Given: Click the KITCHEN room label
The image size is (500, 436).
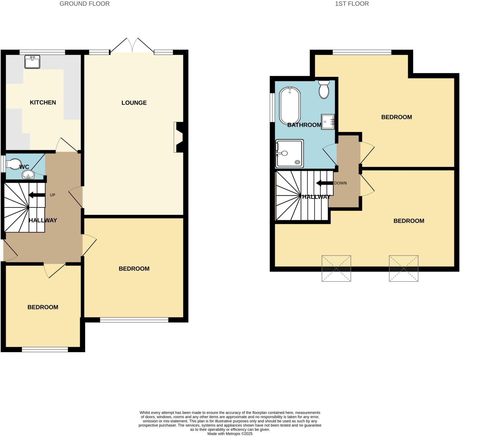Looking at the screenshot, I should point(43,102).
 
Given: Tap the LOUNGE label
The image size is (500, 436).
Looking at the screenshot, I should point(134,103).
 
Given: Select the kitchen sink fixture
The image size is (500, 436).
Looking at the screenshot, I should point(32,62).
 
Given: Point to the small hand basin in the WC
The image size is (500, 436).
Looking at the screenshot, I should point(28,175).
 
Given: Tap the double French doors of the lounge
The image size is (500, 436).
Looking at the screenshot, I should point(132,46).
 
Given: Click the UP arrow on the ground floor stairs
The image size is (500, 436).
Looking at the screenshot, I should point(37,195).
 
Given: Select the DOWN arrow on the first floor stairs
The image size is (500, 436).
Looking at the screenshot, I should point(324,183).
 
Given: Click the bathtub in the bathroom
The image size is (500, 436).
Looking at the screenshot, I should point(290,106).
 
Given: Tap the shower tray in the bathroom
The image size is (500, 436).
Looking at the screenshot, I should point(289,154).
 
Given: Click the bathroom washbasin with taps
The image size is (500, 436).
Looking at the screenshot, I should point(328,122).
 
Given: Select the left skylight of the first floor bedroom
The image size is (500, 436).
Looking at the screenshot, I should point(336,268).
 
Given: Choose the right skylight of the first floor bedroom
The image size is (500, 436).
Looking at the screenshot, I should point(403,268).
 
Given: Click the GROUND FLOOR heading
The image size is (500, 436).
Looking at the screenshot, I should point(84,4).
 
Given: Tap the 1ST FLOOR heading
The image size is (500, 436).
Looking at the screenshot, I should point(352,4).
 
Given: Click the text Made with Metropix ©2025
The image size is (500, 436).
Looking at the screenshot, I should point(230,434).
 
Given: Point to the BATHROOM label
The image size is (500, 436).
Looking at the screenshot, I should point(304,125).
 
